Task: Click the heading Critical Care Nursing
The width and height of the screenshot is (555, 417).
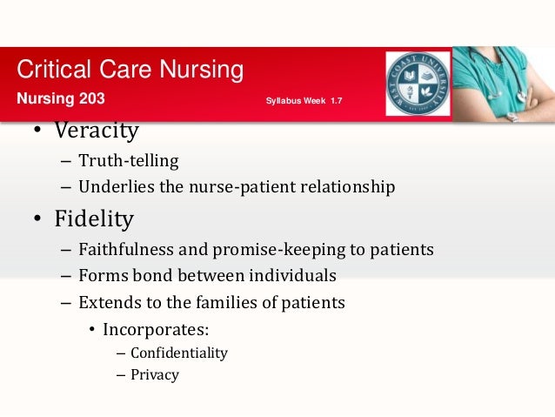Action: [x=130, y=70]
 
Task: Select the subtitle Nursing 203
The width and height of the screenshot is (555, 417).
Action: [x=61, y=98]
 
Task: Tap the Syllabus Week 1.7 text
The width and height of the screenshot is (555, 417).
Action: [x=304, y=102]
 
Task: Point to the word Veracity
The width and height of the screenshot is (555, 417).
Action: [x=96, y=131]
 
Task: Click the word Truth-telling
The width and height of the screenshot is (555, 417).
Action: [x=128, y=160]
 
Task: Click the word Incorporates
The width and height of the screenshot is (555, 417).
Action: [x=155, y=330]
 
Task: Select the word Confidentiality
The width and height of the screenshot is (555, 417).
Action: [x=178, y=353]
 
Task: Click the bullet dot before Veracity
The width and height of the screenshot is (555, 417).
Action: [x=38, y=132]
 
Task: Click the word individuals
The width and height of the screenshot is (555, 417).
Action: [x=293, y=277]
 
